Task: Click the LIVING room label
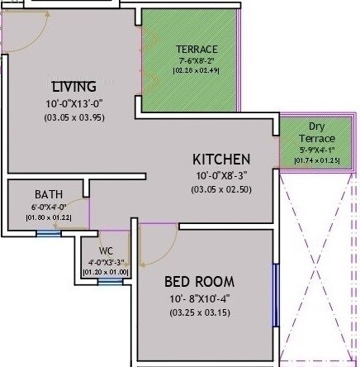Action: (73, 86)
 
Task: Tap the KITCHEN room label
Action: (221, 159)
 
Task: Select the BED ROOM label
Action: (198, 281)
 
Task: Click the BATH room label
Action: (48, 194)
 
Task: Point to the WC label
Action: (105, 250)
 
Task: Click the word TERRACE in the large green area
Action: (197, 50)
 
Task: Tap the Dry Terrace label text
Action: (317, 132)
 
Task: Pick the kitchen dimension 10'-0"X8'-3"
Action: (221, 175)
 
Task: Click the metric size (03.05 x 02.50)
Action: (221, 189)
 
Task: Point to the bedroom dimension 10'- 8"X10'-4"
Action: (198, 298)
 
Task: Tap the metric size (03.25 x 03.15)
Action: (198, 312)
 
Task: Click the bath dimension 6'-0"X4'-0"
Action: (48, 207)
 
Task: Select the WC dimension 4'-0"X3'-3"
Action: (105, 261)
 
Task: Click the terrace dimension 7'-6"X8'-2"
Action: (197, 61)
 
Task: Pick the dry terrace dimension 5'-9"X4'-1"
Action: (317, 150)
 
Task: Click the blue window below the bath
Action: (49, 233)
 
